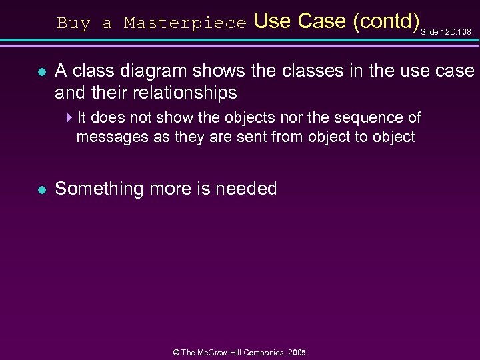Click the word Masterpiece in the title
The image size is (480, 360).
coord(185,23)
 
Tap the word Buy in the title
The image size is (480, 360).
coord(73,23)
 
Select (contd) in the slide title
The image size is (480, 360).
coord(385,21)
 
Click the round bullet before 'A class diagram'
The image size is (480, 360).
coord(41,71)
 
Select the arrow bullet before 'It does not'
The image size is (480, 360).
coord(70,118)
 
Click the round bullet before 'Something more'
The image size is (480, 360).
coord(41,189)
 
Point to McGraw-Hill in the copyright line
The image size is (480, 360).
coord(223,352)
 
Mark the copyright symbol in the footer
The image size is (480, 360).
coord(177,352)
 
